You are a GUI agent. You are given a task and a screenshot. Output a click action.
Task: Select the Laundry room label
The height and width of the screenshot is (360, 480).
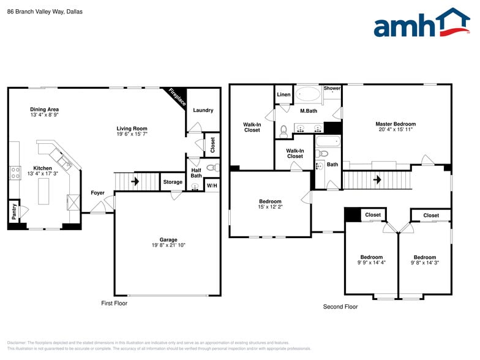(x=203, y=110)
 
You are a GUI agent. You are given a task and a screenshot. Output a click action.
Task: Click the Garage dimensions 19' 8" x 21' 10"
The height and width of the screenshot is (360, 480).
(x=168, y=246)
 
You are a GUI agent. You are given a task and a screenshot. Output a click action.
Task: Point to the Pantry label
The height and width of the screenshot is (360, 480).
(x=14, y=211)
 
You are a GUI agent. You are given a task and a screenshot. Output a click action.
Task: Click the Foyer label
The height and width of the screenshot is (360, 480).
(x=98, y=193)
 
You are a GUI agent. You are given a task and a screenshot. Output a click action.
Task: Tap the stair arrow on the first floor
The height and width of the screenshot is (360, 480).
(x=135, y=181)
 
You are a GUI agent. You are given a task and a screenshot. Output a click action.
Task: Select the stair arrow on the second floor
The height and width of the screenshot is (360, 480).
(x=378, y=180)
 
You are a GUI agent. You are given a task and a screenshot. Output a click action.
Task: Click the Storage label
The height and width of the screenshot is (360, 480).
(x=173, y=182)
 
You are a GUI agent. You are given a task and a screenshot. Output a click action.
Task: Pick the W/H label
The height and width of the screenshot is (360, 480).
(x=212, y=185)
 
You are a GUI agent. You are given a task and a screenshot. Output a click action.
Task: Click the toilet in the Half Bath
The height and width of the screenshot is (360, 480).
(x=211, y=167)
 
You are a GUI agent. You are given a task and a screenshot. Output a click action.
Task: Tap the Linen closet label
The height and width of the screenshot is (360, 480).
(x=283, y=95)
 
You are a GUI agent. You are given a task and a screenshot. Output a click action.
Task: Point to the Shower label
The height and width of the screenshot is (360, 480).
(x=332, y=88)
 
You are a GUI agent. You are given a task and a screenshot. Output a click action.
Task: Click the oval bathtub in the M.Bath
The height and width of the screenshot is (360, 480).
(x=308, y=94)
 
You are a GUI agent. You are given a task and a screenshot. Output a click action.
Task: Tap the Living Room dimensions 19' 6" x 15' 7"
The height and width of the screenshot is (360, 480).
(x=132, y=133)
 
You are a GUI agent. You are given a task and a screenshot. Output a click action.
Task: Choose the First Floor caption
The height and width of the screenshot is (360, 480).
(x=114, y=303)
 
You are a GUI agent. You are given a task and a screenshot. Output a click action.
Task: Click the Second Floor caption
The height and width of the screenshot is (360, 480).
(x=340, y=307)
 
